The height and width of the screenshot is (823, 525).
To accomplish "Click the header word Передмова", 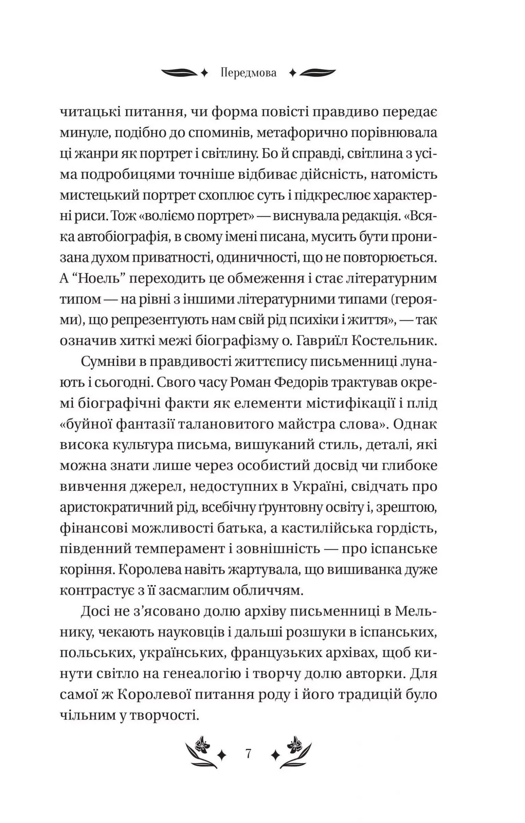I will [x=248, y=73].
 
